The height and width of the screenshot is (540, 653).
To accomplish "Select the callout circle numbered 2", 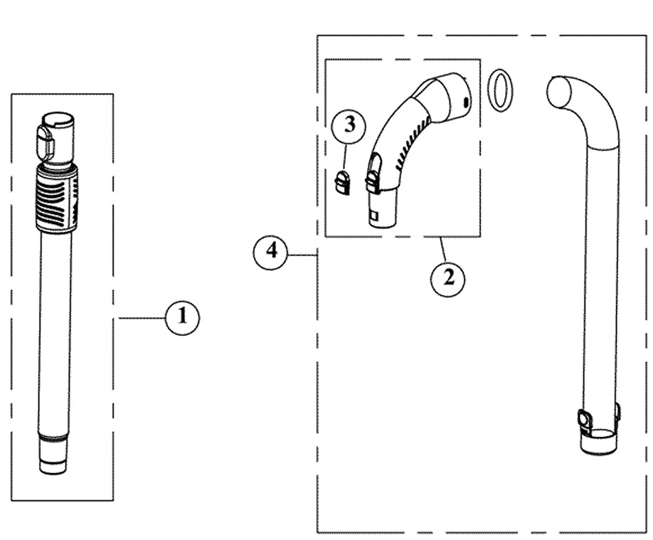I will (447, 277).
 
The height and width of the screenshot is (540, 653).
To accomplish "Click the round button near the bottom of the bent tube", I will (585, 420).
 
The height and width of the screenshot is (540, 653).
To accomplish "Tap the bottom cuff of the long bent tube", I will (597, 442).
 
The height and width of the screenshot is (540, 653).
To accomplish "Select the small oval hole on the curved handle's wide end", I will (466, 103).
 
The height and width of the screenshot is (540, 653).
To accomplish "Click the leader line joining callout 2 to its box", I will (443, 251).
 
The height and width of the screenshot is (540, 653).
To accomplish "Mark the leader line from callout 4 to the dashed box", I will (302, 254).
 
